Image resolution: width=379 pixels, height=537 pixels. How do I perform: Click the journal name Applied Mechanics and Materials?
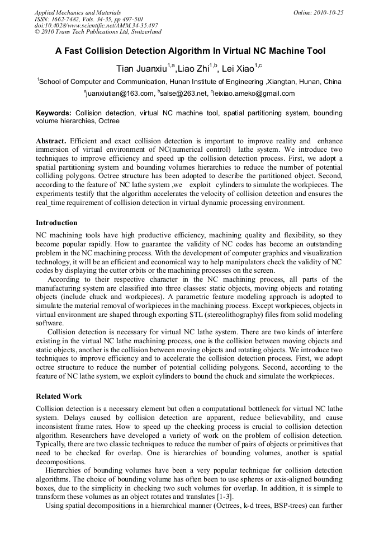pos(78,12)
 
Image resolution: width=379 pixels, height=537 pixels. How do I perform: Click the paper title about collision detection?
pos(190,51)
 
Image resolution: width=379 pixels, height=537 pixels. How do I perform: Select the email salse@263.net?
pos(182,94)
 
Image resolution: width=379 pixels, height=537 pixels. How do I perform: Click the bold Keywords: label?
pos(54,113)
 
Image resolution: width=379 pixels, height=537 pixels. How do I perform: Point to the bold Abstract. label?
pos(51,141)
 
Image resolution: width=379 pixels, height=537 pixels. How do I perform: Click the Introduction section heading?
pos(56,223)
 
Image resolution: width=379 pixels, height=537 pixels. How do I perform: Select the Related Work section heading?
pos(59,396)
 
